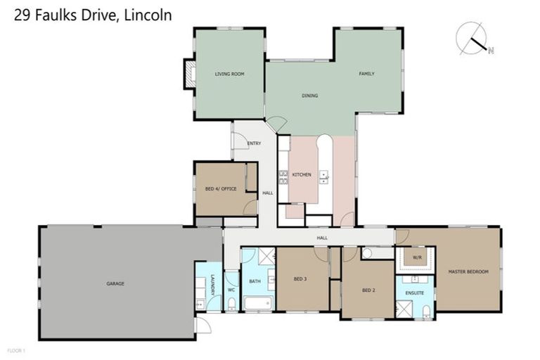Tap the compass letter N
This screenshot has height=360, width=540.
click(x=491, y=50)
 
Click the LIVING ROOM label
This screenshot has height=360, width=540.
click(x=229, y=73)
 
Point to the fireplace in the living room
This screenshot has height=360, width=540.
click(x=189, y=74)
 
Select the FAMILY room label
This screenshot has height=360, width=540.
click(x=366, y=73)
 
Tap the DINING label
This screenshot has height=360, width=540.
click(x=309, y=96)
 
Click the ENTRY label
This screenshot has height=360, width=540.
click(x=254, y=143)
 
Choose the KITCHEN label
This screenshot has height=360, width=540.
click(x=301, y=174)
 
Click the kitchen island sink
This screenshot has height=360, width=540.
click(x=324, y=174)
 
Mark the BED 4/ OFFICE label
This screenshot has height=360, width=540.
click(x=220, y=188)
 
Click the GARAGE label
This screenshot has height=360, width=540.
click(x=115, y=283)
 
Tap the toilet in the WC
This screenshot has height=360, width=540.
click(x=231, y=303)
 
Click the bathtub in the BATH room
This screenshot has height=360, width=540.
click(x=257, y=304)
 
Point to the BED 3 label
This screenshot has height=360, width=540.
click(x=301, y=278)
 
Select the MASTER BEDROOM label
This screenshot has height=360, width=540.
click(x=468, y=271)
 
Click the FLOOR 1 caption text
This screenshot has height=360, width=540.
click(x=16, y=349)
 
